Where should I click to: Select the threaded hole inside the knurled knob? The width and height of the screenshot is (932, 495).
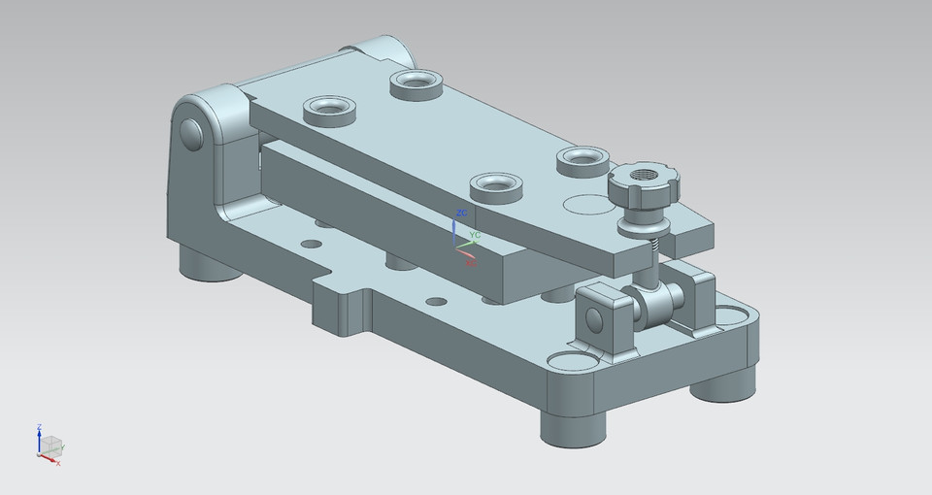coord(644,177)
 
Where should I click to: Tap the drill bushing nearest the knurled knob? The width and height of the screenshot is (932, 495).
coord(582,159)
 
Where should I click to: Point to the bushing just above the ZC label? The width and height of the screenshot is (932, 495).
coord(495,185)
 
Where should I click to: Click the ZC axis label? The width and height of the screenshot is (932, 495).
coord(462,212)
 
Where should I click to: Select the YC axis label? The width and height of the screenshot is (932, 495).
coord(475,235)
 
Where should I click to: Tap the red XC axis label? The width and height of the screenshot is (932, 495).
coord(470,262)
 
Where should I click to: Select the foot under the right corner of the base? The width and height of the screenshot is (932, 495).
coord(722,382)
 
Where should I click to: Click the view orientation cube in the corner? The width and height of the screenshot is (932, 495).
coord(50,445)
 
